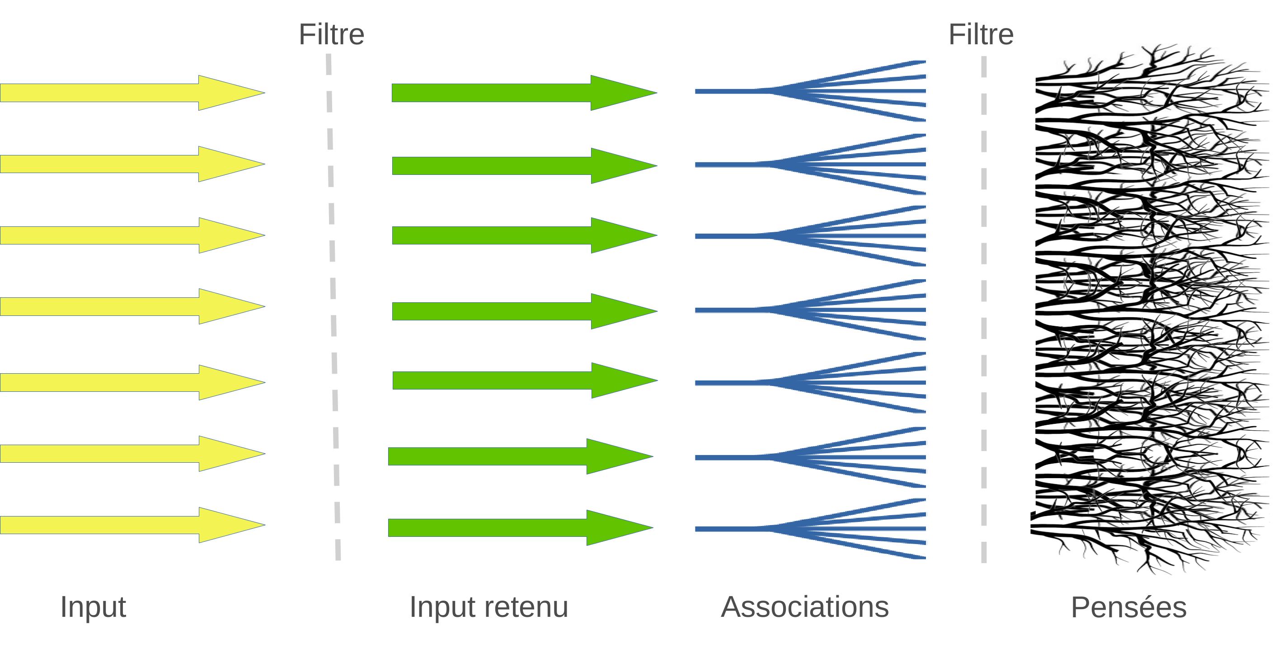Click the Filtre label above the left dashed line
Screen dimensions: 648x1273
(x=332, y=35)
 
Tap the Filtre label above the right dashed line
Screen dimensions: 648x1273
(x=981, y=35)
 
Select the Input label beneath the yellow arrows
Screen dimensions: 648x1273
(x=93, y=606)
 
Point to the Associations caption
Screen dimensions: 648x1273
(x=804, y=606)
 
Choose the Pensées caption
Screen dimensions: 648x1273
(x=1129, y=607)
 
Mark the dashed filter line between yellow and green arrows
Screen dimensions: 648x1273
(x=333, y=306)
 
